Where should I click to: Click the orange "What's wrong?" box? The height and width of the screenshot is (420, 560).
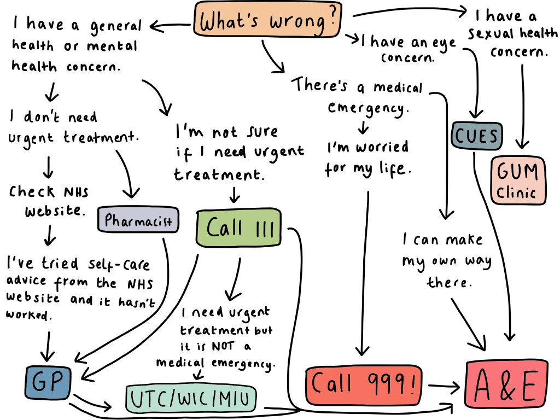(x=267, y=21)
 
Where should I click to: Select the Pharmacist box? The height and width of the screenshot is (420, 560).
(x=138, y=221)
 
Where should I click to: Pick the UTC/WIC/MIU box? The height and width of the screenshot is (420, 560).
(x=190, y=399)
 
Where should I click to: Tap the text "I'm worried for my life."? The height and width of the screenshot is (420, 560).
(x=367, y=157)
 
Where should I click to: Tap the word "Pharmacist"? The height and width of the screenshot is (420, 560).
(x=138, y=221)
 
